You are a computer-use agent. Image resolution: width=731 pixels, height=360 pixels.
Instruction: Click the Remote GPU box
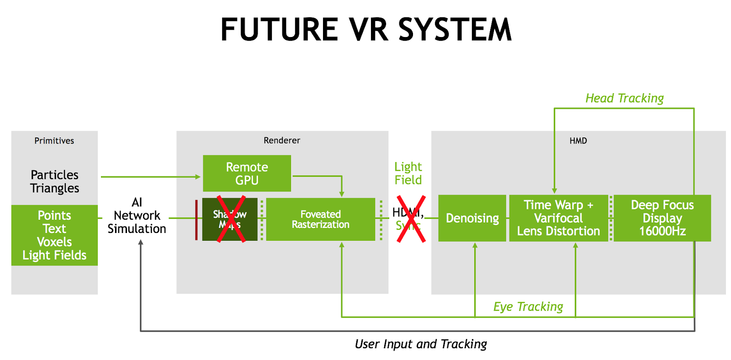coord(247,174)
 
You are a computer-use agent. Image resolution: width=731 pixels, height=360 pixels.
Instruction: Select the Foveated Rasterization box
coord(320,219)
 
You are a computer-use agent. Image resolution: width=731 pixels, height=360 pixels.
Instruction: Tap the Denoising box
coord(472,218)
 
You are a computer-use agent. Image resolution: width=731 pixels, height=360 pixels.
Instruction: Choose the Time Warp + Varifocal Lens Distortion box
coord(558,218)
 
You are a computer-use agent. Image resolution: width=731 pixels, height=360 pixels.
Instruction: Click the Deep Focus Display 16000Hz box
coord(662,218)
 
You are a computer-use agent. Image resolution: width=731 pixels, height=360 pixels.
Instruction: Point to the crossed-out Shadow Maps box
coord(230,219)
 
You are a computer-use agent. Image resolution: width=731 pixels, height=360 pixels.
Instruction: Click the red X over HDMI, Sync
coord(411,219)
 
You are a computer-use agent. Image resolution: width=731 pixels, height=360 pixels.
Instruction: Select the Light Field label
coord(408,173)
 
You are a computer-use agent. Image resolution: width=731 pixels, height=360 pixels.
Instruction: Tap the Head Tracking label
coord(625,98)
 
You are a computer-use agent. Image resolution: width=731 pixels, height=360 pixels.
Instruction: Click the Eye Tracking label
coord(528,307)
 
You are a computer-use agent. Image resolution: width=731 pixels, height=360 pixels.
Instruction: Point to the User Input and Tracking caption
coord(421,344)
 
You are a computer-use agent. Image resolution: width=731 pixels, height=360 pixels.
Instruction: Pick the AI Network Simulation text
coord(137,216)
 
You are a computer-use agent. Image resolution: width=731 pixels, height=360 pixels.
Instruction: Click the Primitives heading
coord(54,141)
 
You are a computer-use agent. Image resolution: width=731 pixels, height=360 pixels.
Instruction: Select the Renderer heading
coord(282,140)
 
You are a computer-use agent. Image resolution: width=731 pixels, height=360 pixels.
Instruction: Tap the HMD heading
coord(578,141)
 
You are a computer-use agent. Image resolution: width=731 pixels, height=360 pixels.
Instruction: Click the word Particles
coord(54,175)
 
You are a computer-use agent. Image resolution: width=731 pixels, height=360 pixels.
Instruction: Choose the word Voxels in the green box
coord(54,242)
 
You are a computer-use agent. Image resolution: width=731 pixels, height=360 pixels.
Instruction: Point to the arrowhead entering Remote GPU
coord(198,177)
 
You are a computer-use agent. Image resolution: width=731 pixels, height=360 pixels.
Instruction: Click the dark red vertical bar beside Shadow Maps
coord(196,220)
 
